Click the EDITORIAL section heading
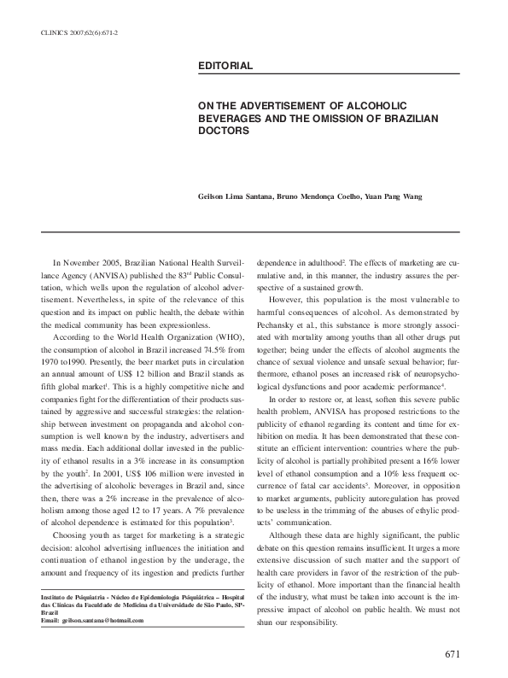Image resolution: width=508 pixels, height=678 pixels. tap(224, 65)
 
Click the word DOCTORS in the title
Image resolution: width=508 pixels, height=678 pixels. tap(224, 132)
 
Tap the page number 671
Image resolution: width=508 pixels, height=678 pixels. tap(453, 653)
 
